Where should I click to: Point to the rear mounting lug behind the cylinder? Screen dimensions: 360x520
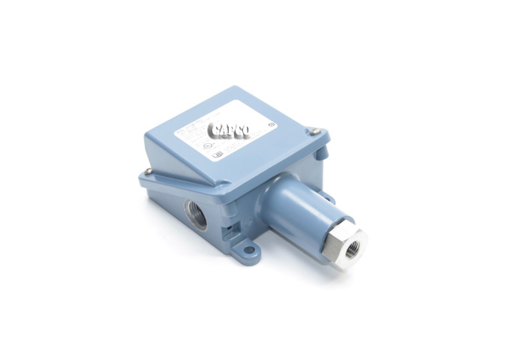(327, 196)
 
